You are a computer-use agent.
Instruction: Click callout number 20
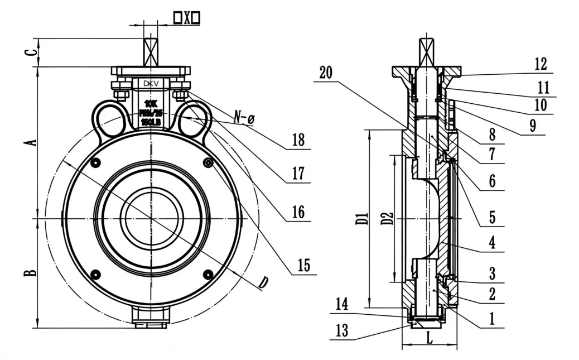coord(326,73)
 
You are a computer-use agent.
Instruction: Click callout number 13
coord(342,330)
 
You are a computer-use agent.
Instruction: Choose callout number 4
coord(492,243)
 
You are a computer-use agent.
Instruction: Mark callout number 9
coord(533,126)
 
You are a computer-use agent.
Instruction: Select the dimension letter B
coord(32,272)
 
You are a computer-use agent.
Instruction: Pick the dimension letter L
coord(428,338)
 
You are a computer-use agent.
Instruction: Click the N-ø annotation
coord(244,117)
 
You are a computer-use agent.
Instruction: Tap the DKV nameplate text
coord(151,84)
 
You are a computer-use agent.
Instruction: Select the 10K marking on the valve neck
coord(151,103)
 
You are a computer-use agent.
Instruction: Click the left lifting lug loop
coord(108,118)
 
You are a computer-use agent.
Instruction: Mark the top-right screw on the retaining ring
coord(208,162)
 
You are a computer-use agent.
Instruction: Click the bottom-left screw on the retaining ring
coord(95,274)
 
